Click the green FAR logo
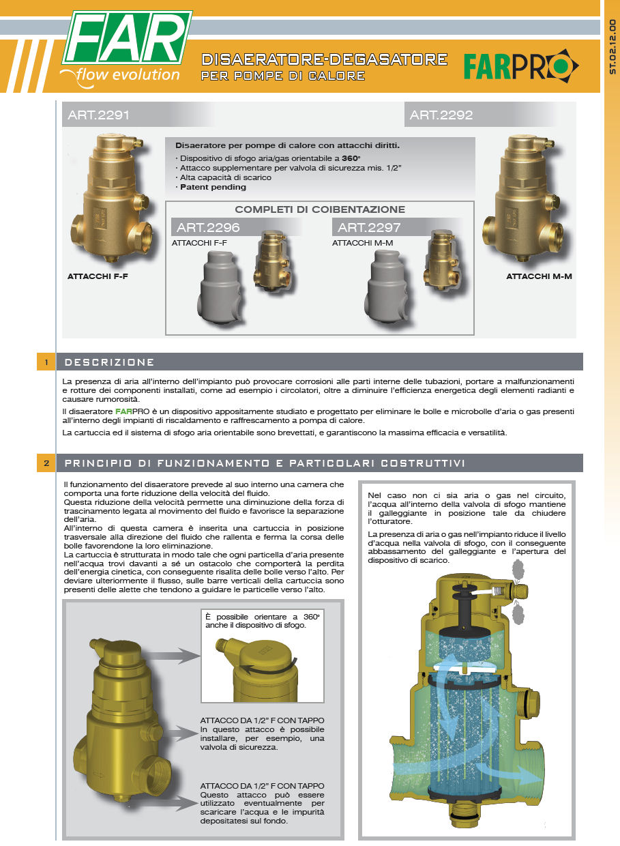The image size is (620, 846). click(x=128, y=37)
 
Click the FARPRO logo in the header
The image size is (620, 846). click(x=520, y=66)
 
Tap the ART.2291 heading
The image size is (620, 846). click(x=98, y=115)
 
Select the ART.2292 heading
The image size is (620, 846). click(x=441, y=115)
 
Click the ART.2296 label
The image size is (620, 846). click(x=208, y=227)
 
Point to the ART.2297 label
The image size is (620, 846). click(x=369, y=227)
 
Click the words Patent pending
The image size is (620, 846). click(x=213, y=187)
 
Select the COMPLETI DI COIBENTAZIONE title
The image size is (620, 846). click(x=320, y=209)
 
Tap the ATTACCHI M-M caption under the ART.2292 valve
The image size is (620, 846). click(x=539, y=276)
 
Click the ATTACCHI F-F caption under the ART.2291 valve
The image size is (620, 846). click(x=98, y=276)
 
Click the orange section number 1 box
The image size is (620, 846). click(x=46, y=362)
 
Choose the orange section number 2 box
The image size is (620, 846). click(x=46, y=463)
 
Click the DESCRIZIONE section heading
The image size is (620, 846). click(x=109, y=362)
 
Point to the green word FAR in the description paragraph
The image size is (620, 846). click(x=123, y=411)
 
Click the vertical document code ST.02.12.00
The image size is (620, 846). click(x=612, y=46)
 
